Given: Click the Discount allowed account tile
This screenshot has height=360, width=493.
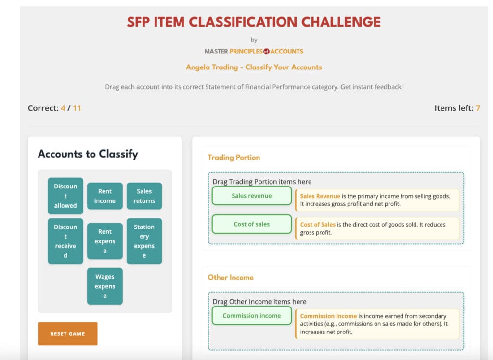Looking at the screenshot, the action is pos(65,196).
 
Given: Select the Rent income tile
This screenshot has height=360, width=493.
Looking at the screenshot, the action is pos(104,196).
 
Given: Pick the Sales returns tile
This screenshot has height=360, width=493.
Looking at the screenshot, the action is pos(144,196).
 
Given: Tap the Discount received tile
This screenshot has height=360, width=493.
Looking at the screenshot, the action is pos(65,241).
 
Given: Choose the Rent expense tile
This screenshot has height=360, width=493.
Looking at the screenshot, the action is pos(104,241).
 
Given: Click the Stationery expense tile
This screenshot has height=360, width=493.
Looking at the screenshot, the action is pos(144,241).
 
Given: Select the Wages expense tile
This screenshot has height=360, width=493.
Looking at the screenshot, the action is pos(104,286).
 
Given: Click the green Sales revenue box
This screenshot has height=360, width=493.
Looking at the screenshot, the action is pos(252,196).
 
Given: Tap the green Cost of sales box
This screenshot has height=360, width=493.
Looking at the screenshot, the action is pos(252,224).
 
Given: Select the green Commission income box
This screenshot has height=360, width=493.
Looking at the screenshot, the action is pos(252,316).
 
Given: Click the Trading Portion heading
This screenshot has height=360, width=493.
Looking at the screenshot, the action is pos(234,157).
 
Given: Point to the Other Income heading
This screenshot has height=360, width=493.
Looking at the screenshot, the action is pos(231,277).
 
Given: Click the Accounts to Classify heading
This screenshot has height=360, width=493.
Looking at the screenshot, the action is pos(88,154).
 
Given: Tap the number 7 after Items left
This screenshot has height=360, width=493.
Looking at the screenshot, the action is pos(478,108).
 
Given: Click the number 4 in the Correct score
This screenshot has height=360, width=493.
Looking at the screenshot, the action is pos(63,108).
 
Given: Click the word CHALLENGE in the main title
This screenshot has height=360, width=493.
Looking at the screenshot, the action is pos(341,22).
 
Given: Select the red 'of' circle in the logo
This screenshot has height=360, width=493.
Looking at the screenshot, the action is pos(266,51).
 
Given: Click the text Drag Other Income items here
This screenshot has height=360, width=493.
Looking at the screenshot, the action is pos(259,302).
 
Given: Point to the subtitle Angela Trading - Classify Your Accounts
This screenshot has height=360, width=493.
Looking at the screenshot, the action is pos(254,67).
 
